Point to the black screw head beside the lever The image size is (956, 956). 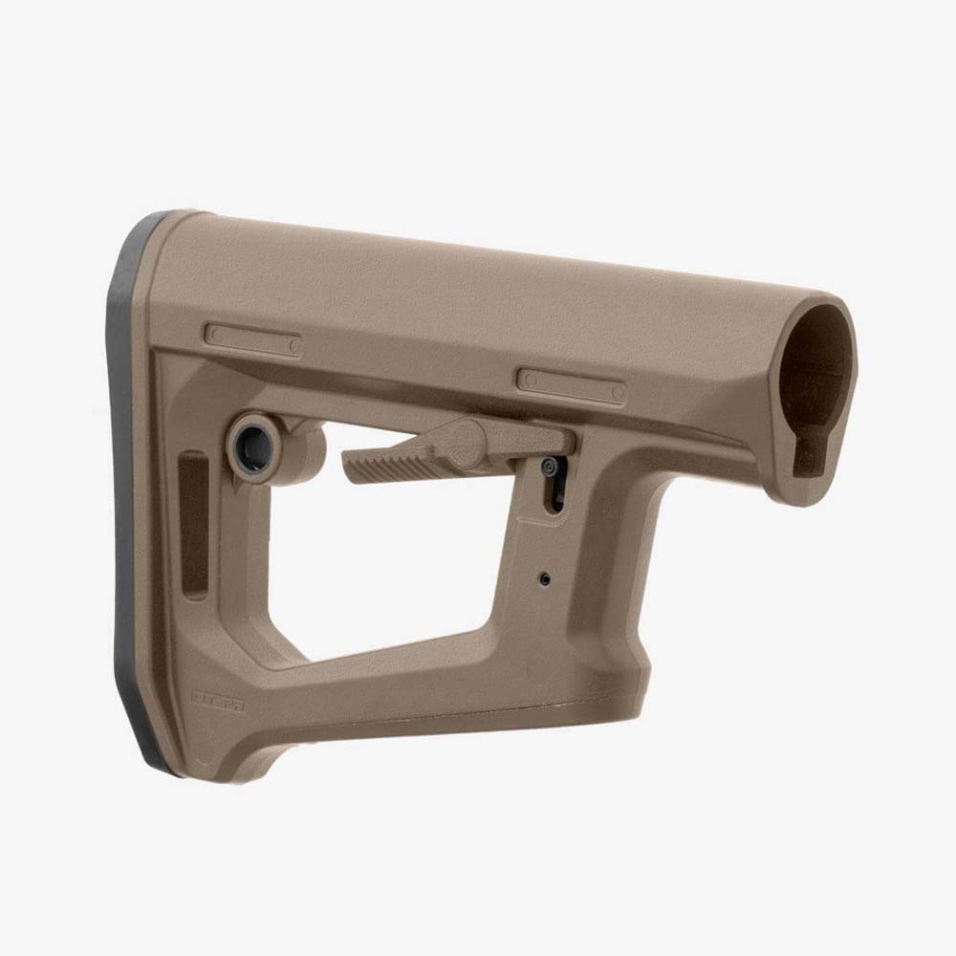[550, 467]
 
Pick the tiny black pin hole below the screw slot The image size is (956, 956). [544, 579]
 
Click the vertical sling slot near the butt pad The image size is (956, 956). [194, 526]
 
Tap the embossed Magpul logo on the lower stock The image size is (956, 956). [218, 700]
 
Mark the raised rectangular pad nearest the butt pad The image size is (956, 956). [253, 340]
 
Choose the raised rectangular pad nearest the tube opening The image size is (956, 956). [571, 384]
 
